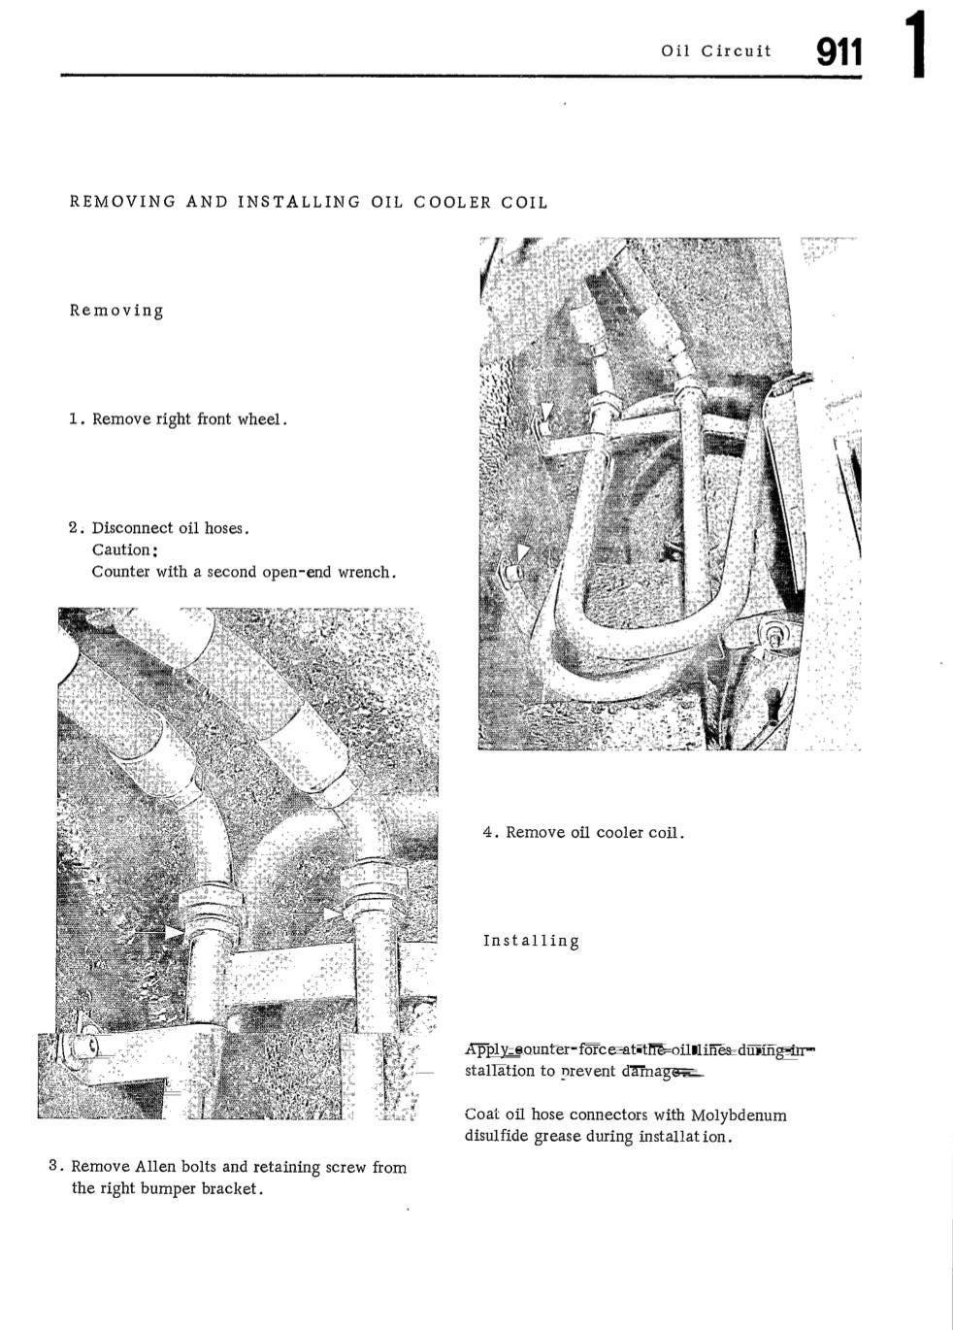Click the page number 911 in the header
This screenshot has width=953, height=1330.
[x=838, y=52]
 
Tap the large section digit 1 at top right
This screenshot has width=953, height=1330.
[x=917, y=46]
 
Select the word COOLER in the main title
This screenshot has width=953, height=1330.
[x=453, y=203]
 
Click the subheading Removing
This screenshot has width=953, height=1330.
[x=116, y=311]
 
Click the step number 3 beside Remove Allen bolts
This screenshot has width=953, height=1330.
[x=54, y=1166]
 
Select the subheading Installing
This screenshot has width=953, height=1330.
[x=531, y=941]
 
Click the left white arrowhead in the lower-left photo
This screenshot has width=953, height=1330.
[x=174, y=932]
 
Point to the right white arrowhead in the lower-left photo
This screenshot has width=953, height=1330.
[x=333, y=914]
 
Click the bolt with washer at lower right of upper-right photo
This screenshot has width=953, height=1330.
[x=775, y=636]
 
